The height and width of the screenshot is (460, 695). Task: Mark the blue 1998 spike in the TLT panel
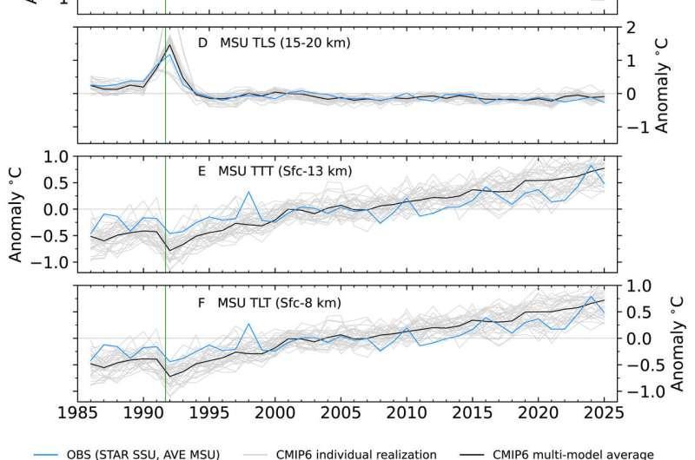point(249,325)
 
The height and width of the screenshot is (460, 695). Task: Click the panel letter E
point(202,171)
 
